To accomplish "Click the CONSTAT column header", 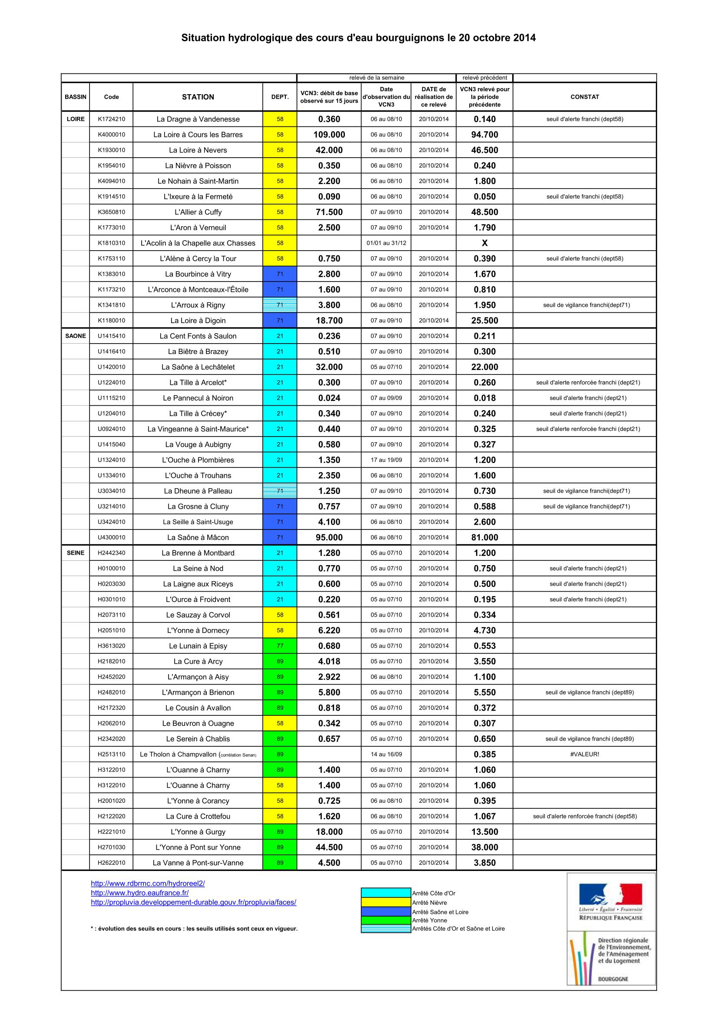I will tap(584, 97).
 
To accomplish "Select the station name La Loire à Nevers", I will tap(198, 150).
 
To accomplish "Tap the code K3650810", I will tap(112, 212).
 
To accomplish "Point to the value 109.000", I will tap(329, 135).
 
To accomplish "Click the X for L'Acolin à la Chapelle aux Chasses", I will tap(484, 243).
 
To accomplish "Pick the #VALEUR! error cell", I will tap(584, 754).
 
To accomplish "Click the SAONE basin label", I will tap(76, 336).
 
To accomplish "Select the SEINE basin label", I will tap(76, 553).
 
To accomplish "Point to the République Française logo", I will tap(611, 902).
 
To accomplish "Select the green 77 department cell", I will tap(280, 645).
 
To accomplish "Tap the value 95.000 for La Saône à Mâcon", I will tap(329, 537).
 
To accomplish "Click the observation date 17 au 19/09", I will tap(386, 460).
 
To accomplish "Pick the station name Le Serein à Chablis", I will tap(198, 738).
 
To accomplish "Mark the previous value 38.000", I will tap(484, 847).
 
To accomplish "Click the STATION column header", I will tap(198, 97).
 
